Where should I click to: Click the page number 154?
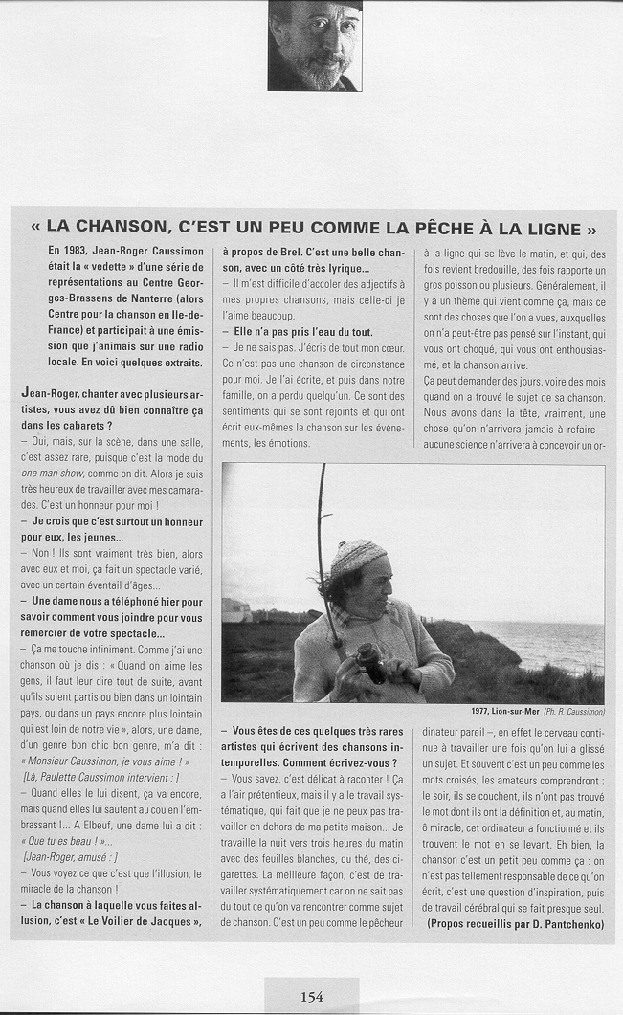[x=311, y=996]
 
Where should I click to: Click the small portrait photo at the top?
[x=315, y=45]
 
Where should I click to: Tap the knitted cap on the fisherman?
[x=357, y=556]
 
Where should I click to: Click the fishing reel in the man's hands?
[x=369, y=662]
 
